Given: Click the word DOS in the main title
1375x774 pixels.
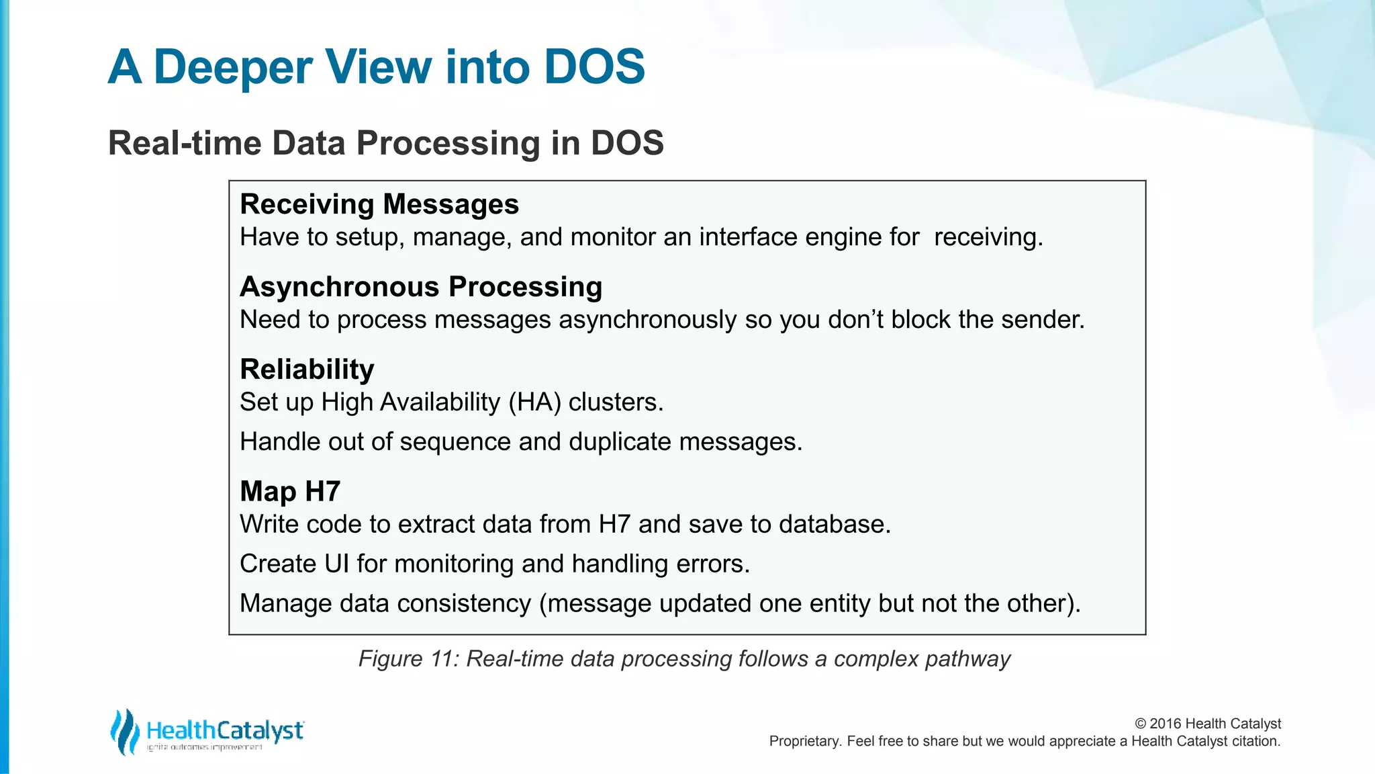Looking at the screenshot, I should point(594,67).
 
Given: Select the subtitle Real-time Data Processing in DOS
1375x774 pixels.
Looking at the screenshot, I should point(385,143).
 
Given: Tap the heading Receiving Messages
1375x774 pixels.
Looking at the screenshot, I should point(379,204).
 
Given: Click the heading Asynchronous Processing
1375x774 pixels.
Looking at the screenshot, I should point(421,287).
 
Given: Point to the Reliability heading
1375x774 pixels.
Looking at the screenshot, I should point(307,370).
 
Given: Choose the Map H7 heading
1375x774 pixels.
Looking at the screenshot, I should point(290,492).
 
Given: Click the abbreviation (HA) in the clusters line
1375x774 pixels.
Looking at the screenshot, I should point(534,402).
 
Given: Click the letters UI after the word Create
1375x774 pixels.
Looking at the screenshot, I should point(336,564).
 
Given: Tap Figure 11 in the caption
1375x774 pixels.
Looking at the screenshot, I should point(408,659).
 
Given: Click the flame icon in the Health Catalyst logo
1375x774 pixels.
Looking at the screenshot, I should point(124,731).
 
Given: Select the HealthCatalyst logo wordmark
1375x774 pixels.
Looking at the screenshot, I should point(225,730).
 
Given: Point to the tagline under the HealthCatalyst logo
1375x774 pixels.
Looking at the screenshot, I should point(205,747).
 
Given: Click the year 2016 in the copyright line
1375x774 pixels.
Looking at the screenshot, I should point(1165,724).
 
